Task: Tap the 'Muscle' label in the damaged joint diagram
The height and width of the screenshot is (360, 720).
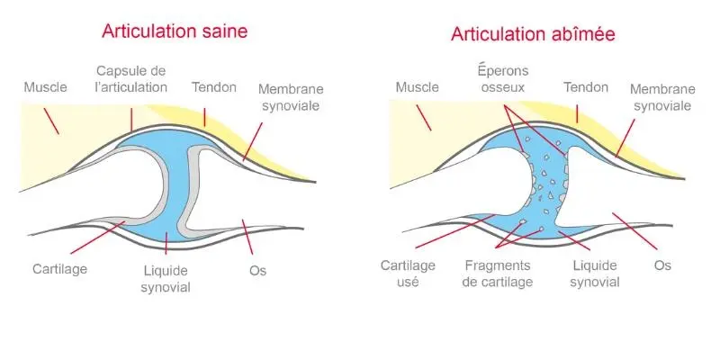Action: pos(417,87)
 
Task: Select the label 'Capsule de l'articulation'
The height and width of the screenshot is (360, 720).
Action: pos(131,78)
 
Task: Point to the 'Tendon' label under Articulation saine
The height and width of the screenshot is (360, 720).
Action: pos(213,87)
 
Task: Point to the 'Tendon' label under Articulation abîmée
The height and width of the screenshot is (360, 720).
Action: pos(585,87)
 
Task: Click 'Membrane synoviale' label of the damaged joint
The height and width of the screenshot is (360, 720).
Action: pos(661,97)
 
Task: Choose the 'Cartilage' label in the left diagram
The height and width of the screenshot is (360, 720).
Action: pos(60,268)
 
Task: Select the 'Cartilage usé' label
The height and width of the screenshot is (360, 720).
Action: pos(408,274)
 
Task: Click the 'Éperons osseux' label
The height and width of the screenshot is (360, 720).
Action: pos(501,79)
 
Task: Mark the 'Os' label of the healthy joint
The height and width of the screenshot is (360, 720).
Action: pos(258,269)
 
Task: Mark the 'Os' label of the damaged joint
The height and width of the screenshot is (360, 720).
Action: pos(662,265)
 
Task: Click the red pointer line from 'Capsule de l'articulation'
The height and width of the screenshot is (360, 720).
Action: pos(131,118)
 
